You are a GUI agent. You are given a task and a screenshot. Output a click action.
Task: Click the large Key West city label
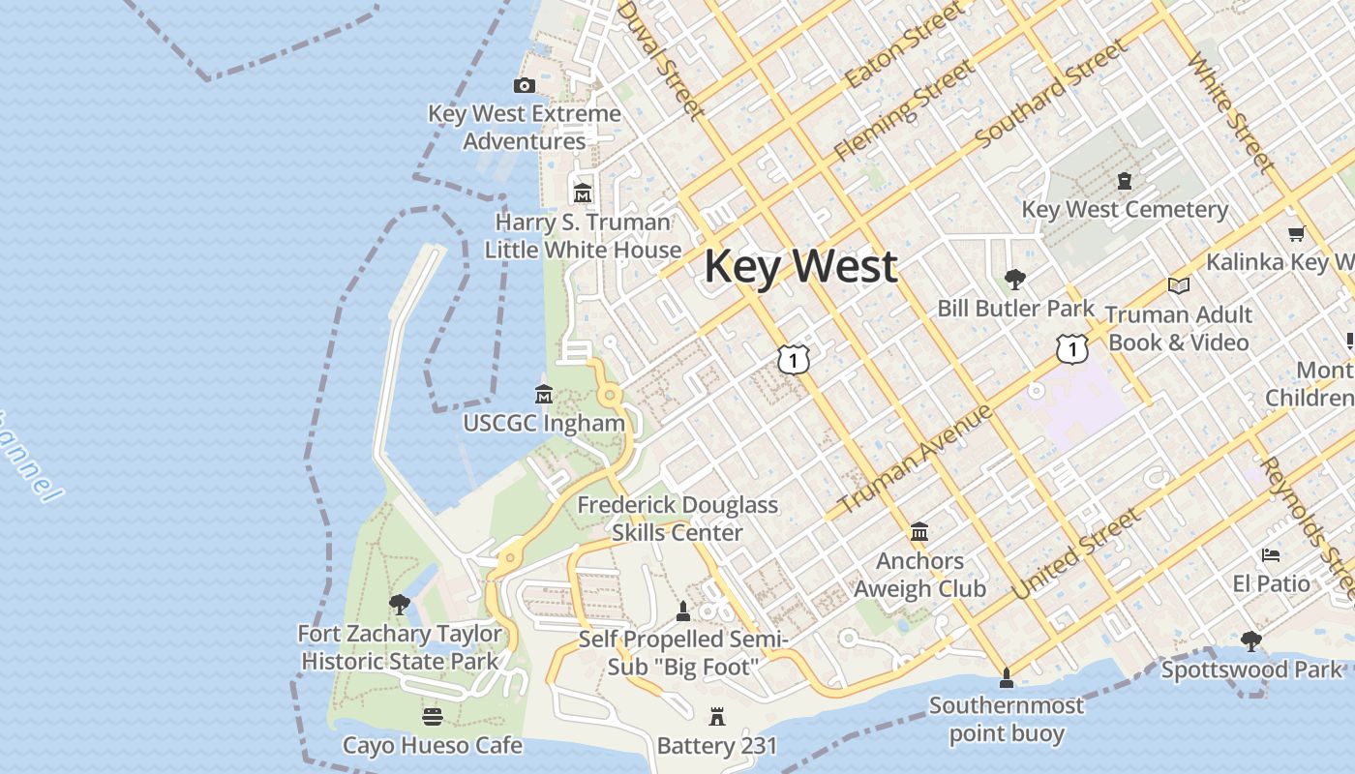pos(801,266)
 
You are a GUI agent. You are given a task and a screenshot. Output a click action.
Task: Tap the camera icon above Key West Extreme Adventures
pos(524,86)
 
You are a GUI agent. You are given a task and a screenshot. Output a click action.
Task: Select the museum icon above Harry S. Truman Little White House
pos(582,193)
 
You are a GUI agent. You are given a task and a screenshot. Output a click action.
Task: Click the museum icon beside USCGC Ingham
pos(544,395)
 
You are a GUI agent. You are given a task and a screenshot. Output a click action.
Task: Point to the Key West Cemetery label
pos(1125,210)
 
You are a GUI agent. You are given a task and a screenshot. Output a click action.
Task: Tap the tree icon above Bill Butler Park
pos(1015,281)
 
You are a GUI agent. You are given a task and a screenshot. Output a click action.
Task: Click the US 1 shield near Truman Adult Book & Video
pos(1071,349)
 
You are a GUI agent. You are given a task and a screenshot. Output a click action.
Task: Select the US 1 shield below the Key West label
pos(793,360)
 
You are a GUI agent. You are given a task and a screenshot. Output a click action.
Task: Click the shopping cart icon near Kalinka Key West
pos(1296,233)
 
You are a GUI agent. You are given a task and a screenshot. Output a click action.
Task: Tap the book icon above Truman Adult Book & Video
pos(1178,285)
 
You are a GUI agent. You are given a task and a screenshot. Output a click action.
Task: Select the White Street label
pos(1230,111)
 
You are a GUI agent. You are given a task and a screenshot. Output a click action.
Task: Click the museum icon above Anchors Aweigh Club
pos(919,532)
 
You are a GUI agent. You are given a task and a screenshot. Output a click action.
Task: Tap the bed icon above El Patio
pos(1271,555)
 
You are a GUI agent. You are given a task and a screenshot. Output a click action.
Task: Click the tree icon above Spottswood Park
pos(1251,640)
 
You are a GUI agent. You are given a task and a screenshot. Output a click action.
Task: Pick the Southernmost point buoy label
pos(1006,719)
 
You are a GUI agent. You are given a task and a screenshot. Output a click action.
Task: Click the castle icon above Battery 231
pos(717,717)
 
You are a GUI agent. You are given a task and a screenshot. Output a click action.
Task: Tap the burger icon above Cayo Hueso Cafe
pos(433,717)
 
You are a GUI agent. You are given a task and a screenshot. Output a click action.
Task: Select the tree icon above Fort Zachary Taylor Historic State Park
pos(399,606)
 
